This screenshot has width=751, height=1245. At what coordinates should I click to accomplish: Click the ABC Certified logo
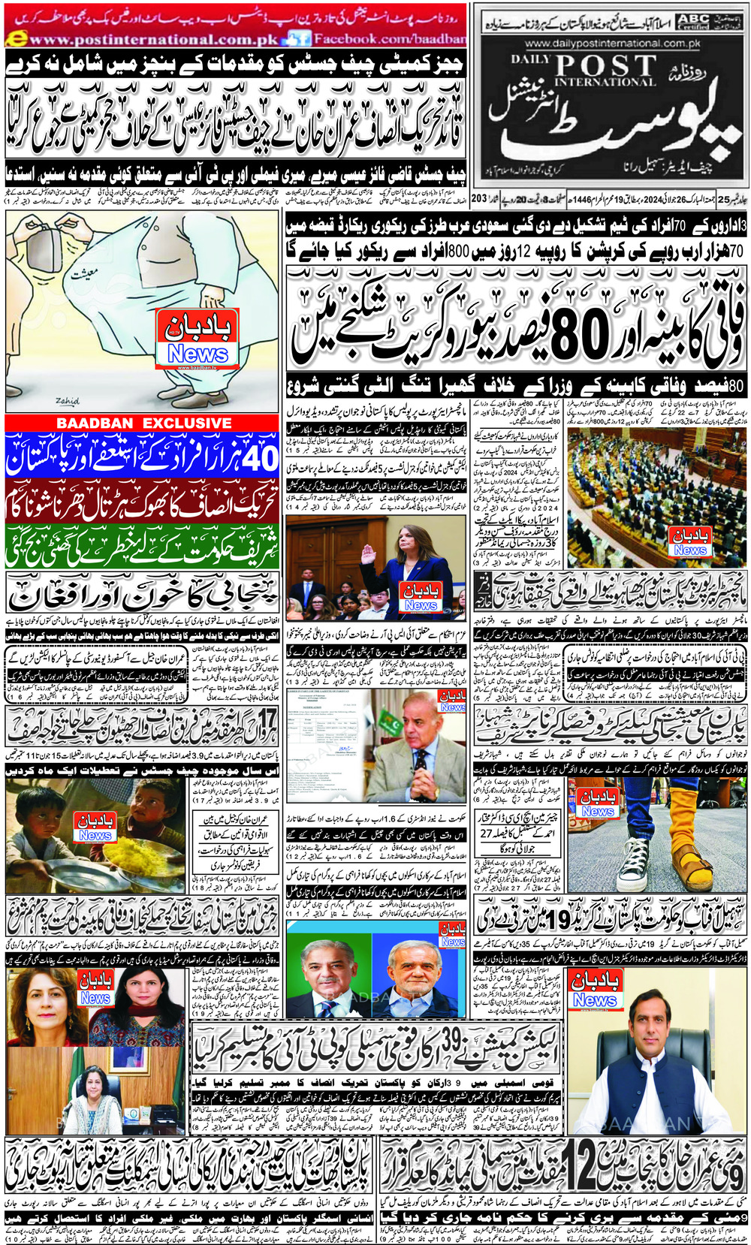coord(692,22)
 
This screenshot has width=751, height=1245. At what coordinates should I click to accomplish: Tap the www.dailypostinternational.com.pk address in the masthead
coord(612,44)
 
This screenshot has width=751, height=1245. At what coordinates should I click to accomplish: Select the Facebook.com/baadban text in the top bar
coord(389,38)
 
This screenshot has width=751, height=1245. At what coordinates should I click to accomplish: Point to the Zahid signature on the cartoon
coord(67,401)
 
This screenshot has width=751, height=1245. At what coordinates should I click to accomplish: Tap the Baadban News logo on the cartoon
coord(198,340)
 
